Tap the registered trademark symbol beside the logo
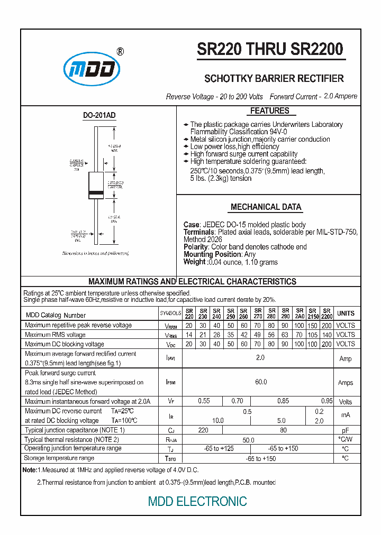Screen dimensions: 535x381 [x=120, y=52]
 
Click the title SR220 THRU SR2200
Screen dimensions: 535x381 [x=270, y=49]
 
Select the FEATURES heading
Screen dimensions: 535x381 [x=270, y=111]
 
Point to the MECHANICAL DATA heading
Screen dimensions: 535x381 [x=266, y=207]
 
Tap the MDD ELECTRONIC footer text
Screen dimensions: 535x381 [x=197, y=501]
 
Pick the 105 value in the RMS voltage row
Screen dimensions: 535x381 [x=313, y=335]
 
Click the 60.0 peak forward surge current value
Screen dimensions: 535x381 [x=261, y=382]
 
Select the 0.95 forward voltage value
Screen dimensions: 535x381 [x=327, y=401]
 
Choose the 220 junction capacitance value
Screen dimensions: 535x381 [x=203, y=430]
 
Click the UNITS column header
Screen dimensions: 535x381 [x=346, y=313]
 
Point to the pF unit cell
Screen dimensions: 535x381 [x=346, y=431]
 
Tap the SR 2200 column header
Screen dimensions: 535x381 [x=327, y=313]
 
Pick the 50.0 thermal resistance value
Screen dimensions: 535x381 [x=248, y=440]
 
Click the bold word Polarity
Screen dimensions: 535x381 [x=196, y=247]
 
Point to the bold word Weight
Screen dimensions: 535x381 [x=194, y=262]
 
